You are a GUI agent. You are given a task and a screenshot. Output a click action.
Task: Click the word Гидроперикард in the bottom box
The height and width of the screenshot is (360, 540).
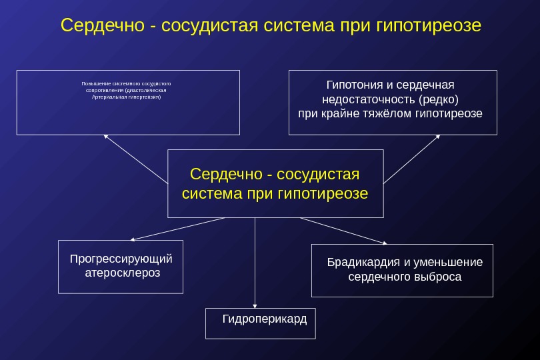click(x=265, y=319)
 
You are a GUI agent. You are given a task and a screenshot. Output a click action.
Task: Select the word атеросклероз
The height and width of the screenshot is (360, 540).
click(x=123, y=273)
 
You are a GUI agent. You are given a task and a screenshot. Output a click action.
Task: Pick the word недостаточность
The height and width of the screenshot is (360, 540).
click(x=369, y=99)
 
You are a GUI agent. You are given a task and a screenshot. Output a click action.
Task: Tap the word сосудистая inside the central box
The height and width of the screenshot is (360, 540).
click(x=317, y=175)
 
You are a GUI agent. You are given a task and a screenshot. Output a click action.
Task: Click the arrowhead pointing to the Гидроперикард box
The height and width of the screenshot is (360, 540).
click(x=255, y=304)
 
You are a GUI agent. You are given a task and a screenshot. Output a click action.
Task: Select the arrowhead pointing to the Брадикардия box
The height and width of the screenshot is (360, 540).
click(x=383, y=243)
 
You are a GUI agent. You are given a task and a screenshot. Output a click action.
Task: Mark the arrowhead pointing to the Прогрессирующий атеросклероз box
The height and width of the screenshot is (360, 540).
click(x=133, y=239)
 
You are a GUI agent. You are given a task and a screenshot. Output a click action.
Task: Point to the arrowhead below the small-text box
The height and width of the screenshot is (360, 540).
click(x=105, y=137)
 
